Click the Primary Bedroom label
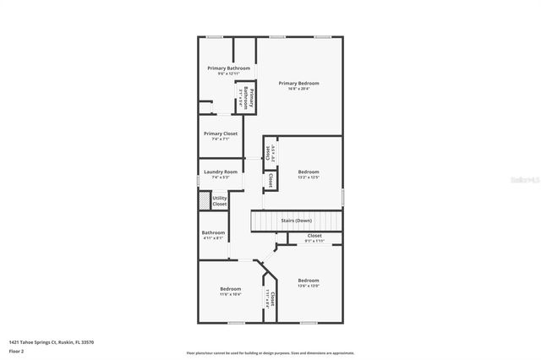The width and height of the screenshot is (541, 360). pos(299,83)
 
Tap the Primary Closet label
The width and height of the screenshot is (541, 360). pos(221,134)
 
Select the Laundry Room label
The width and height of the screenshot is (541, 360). pos(221,172)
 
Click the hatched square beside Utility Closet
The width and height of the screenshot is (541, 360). pos(204,201)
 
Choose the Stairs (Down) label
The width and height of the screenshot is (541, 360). pos(297,221)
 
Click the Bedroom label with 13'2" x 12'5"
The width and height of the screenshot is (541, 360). pos(308,172)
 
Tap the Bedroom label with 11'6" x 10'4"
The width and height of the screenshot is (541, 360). pos(231,289)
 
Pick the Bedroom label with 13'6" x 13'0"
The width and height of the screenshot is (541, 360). pos(309,281)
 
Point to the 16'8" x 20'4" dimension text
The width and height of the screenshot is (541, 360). pos(299,89)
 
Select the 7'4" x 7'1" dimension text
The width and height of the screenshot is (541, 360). pos(221,139)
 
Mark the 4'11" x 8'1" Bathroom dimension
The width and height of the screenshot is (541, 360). pos(213,238)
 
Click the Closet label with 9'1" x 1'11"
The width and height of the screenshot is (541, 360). pos(314,236)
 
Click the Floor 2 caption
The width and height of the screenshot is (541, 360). pos(17,350)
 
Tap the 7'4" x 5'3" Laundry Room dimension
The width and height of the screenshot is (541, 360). pos(221,177)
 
